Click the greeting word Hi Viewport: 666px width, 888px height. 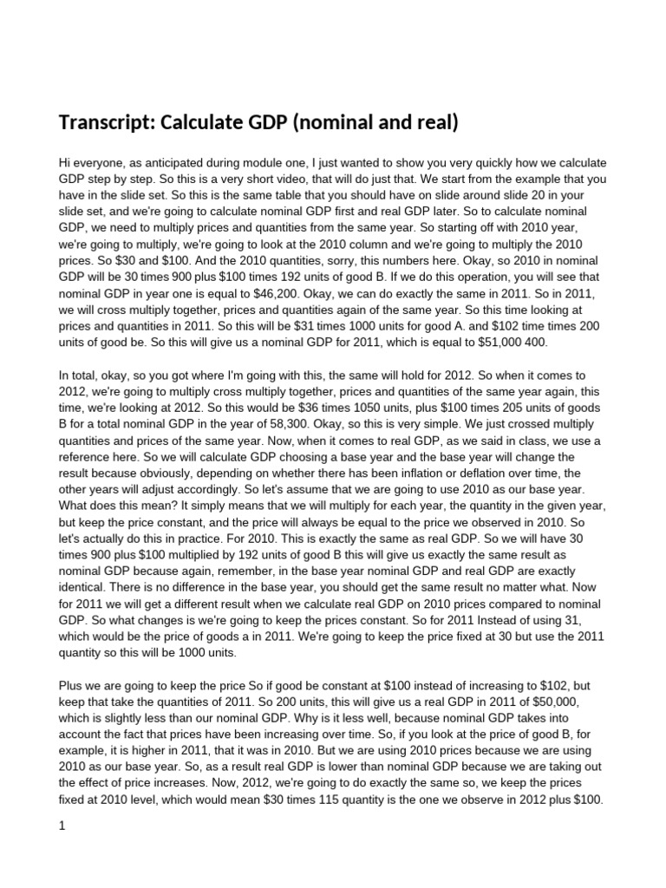pos(65,164)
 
